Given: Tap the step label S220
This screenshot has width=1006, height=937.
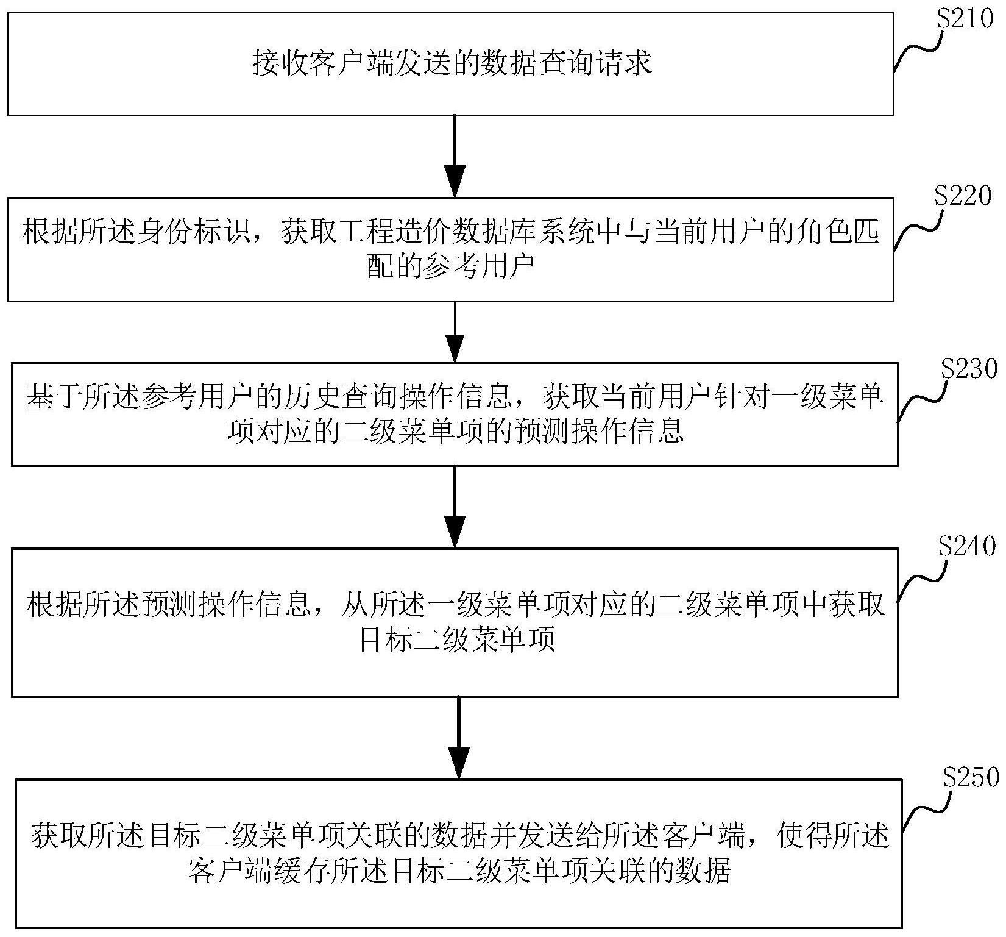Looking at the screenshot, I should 963,196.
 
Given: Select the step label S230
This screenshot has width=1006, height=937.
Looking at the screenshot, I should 969,369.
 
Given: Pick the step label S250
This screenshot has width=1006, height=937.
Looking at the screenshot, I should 970,777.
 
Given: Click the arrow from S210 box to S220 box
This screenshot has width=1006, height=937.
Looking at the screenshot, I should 456,156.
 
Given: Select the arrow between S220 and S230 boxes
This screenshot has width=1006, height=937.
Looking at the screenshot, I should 456,332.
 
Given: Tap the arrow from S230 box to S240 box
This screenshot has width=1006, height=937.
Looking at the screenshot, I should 456,506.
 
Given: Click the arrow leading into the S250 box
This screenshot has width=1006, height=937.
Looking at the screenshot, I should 458,738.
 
